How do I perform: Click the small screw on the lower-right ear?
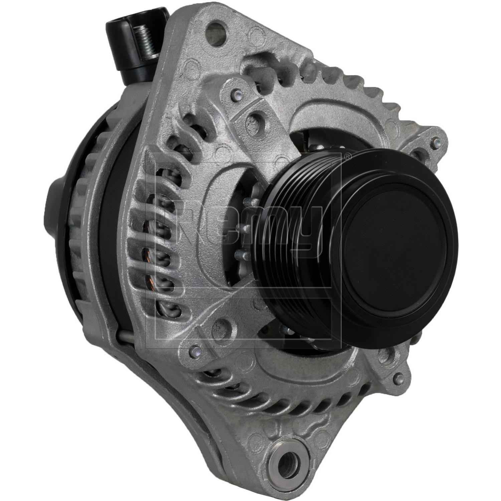point(396,377)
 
